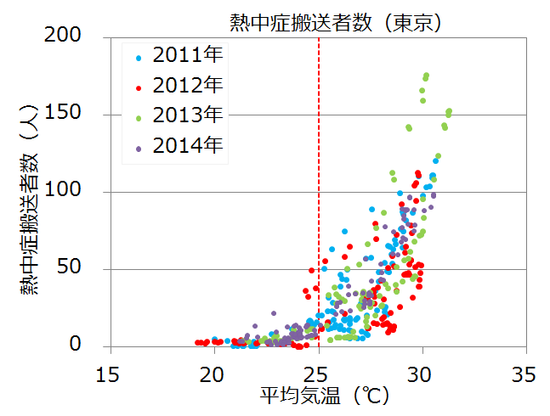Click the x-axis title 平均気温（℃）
pos(315,396)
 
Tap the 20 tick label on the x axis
pos(213,373)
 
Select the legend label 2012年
pos(188,85)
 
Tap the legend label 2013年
pos(188,115)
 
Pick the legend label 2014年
pos(188,144)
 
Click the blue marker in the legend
pos(139,58)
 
